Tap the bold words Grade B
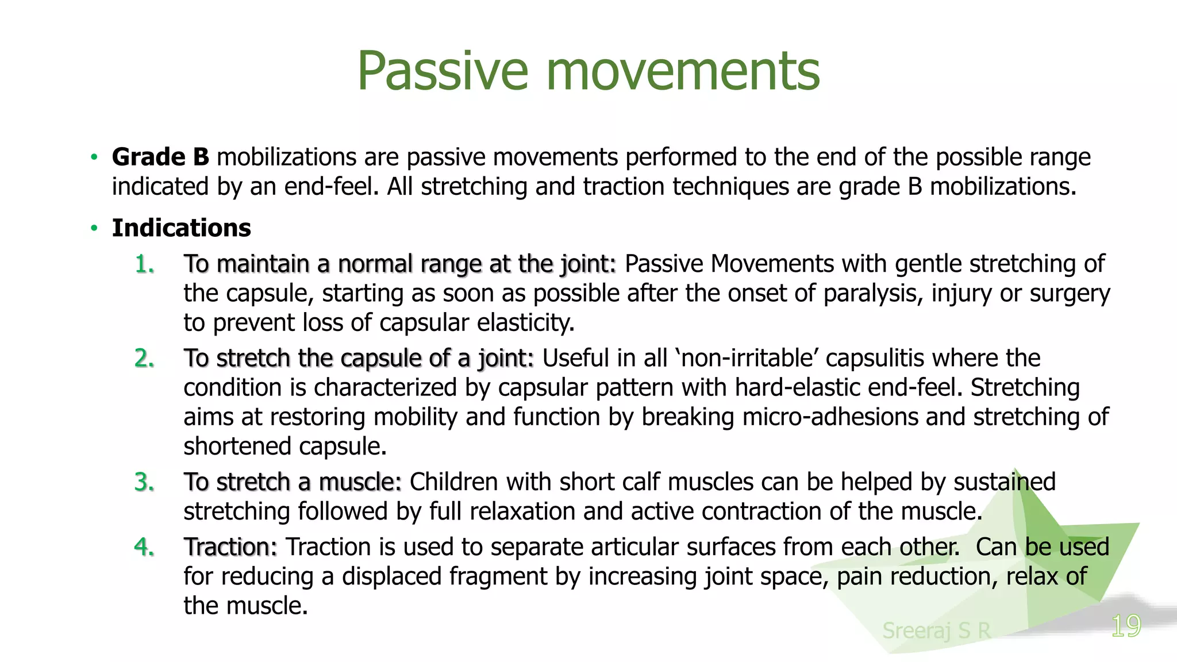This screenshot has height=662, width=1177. [x=160, y=157]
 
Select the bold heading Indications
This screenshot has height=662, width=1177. [x=181, y=228]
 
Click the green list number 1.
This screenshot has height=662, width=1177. [x=144, y=264]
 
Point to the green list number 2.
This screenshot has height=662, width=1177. [x=144, y=359]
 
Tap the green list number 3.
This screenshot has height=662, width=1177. [x=144, y=482]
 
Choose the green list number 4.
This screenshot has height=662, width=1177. [x=144, y=547]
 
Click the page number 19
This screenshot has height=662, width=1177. [x=1126, y=626]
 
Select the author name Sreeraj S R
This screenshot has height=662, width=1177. [x=936, y=631]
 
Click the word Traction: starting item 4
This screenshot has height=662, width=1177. [x=230, y=547]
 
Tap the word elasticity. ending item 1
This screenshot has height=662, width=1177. [x=526, y=323]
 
